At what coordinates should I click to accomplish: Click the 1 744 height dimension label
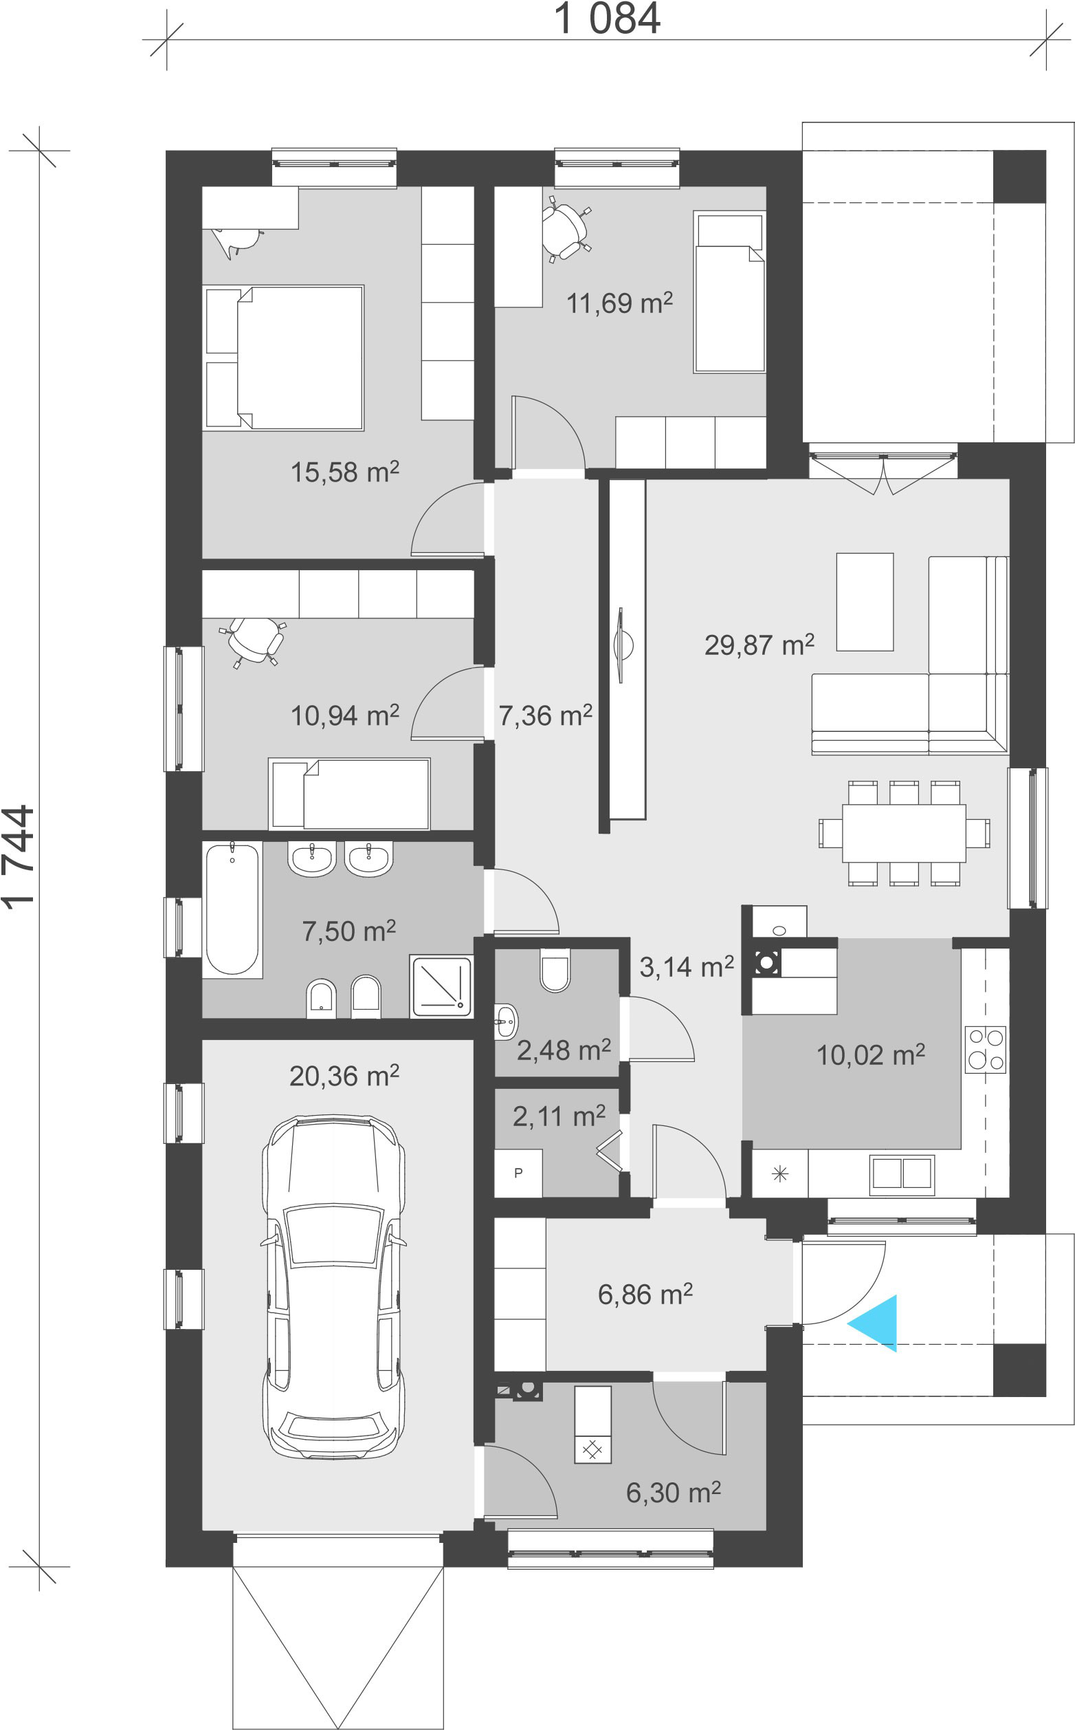click(19, 856)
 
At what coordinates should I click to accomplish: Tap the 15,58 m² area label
click(345, 472)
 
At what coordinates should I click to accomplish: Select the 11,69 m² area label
click(619, 303)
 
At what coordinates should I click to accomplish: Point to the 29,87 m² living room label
click(760, 645)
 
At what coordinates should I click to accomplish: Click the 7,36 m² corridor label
click(545, 715)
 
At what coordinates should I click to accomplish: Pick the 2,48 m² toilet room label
click(564, 1050)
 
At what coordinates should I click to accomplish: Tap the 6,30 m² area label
click(674, 1493)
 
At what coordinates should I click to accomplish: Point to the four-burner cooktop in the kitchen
click(986, 1049)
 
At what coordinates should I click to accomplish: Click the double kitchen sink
click(902, 1173)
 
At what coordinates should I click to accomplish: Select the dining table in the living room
click(904, 833)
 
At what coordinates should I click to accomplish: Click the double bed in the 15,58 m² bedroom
click(284, 358)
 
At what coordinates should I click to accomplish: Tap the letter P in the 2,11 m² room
click(518, 1173)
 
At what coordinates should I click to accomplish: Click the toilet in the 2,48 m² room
click(555, 970)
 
